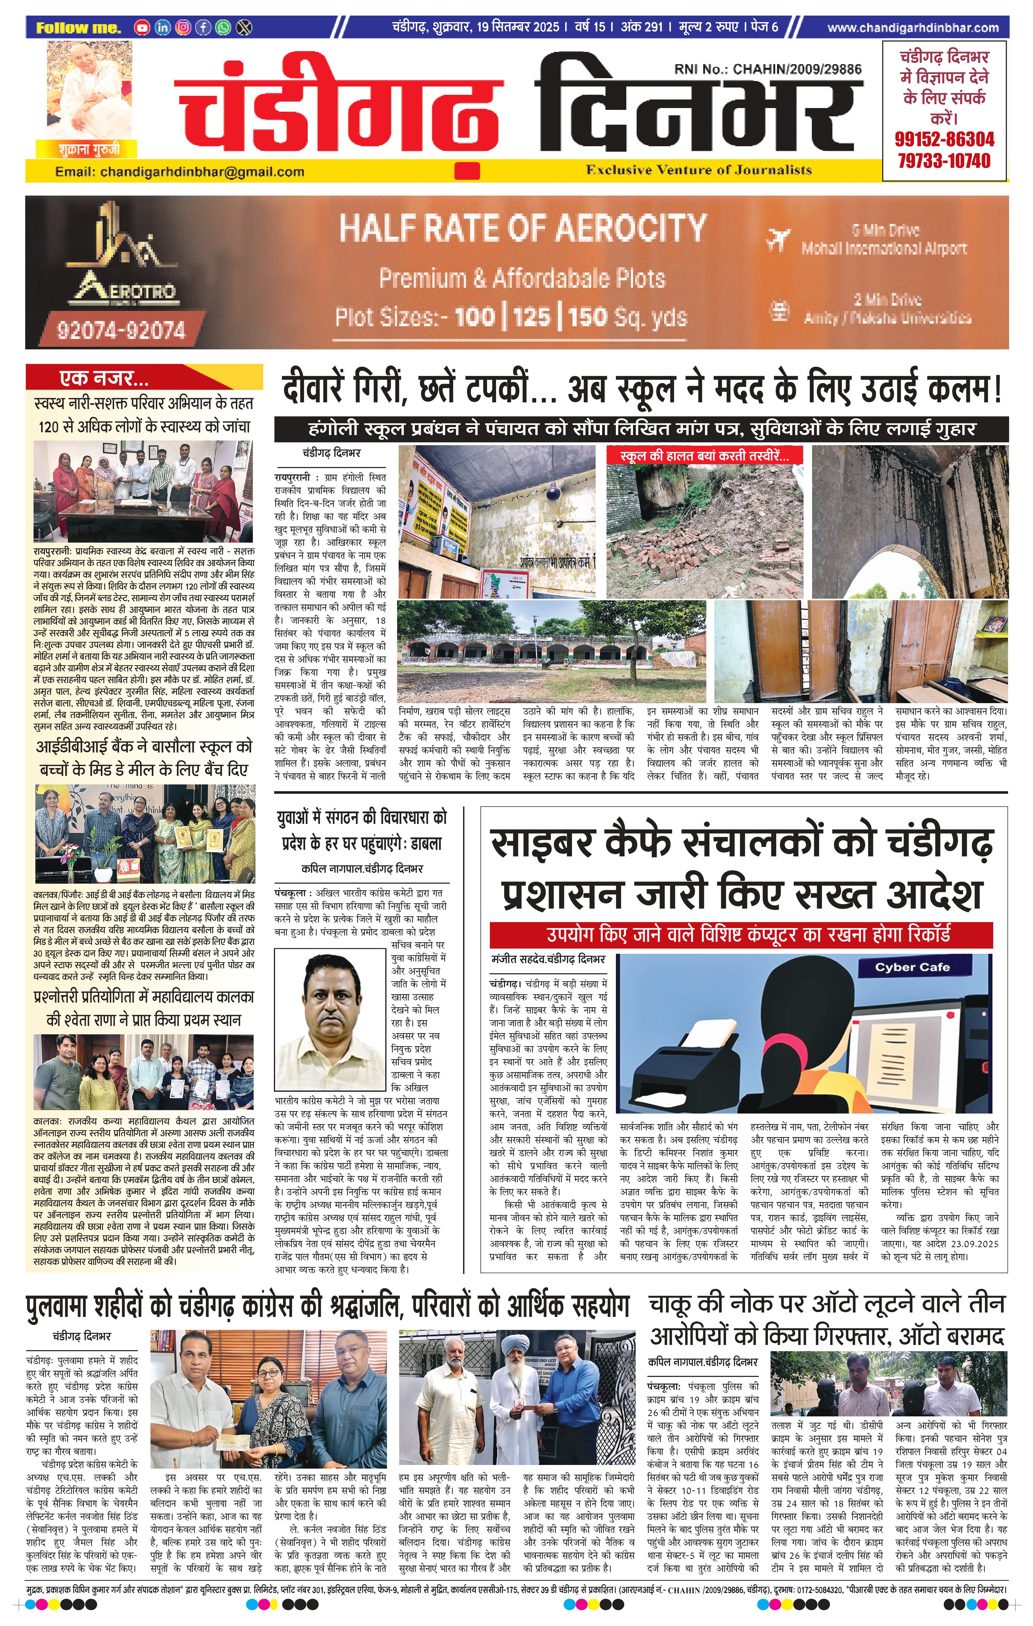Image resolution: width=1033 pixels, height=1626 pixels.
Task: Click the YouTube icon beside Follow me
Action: tap(142, 28)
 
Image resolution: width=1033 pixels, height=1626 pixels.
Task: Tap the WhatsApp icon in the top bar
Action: tap(224, 28)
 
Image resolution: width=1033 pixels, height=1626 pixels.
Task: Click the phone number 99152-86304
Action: tap(944, 140)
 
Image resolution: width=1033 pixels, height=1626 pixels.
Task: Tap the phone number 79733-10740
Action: tap(944, 161)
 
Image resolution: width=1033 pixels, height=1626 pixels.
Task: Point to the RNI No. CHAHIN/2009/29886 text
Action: tap(767, 69)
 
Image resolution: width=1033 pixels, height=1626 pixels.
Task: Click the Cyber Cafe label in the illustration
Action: tap(912, 967)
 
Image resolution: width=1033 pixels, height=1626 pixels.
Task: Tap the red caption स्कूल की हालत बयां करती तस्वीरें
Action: tap(705, 456)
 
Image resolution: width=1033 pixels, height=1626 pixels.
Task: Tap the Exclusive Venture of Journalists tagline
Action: tap(699, 170)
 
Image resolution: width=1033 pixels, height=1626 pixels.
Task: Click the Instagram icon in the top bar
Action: tap(183, 28)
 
